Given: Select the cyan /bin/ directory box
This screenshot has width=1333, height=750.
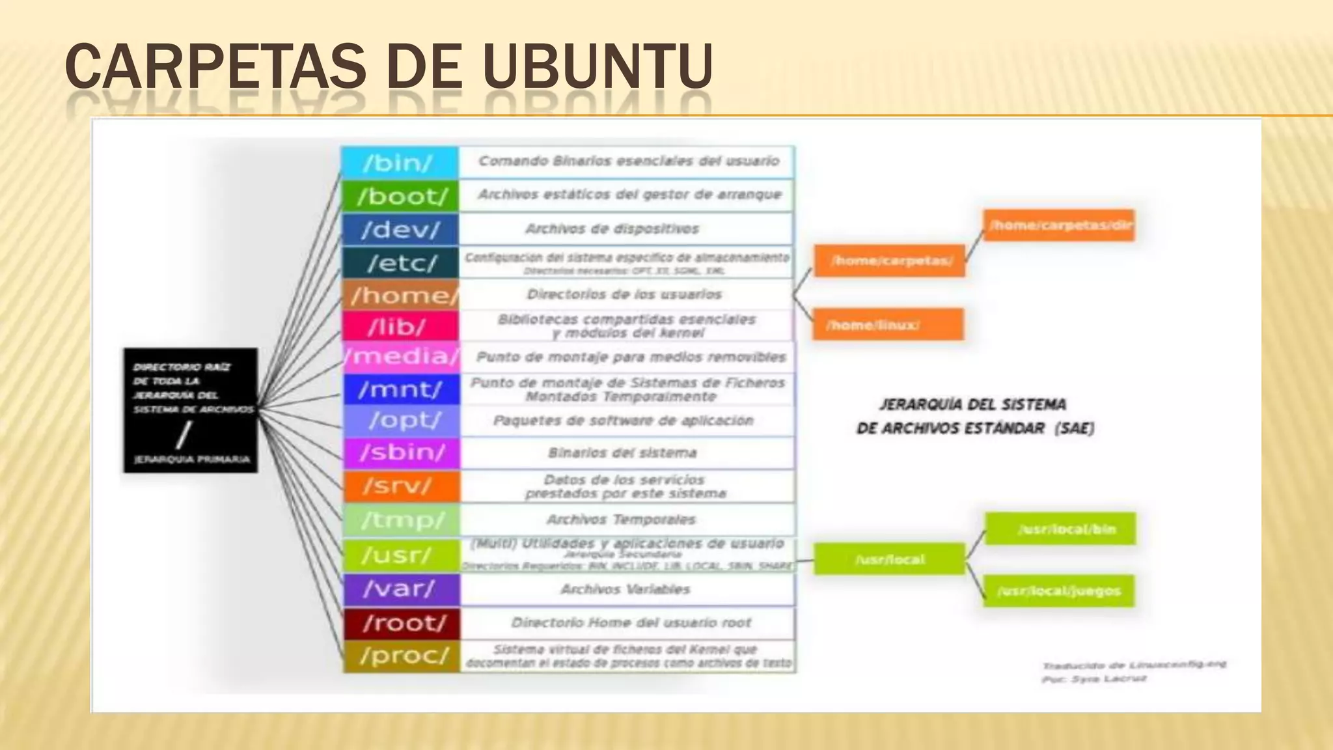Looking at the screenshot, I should click(400, 162).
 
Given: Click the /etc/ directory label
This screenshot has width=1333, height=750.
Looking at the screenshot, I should click(401, 263).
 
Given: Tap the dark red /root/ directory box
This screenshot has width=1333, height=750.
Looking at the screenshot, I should click(402, 623).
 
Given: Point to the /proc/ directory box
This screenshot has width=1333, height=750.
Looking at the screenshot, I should click(402, 656).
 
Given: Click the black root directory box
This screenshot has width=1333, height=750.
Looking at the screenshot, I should click(191, 410).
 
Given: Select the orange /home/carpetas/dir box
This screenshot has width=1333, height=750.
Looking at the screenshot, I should click(1059, 225).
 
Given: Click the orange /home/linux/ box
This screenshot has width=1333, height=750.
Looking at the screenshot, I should click(888, 324).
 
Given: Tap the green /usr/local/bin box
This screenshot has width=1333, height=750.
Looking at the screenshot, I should click(1060, 529).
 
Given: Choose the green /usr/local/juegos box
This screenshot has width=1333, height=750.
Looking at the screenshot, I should click(1059, 590).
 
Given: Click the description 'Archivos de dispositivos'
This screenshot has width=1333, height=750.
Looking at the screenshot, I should click(612, 229).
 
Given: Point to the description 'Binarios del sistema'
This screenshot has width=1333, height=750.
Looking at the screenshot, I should click(622, 452).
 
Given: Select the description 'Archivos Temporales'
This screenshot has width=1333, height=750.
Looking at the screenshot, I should click(621, 520).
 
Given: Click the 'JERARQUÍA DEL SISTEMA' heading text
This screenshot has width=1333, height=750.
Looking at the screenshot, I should click(973, 404).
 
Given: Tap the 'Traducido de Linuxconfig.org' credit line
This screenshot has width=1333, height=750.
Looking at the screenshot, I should click(1133, 665).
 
